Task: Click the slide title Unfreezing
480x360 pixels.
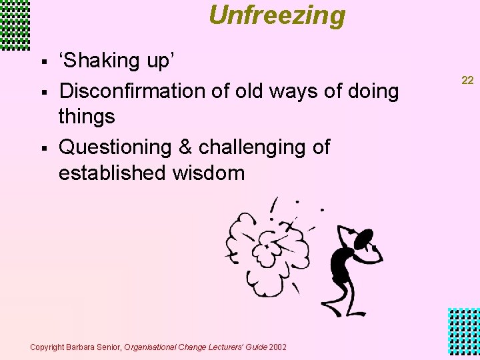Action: click(x=277, y=15)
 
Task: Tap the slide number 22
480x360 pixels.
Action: click(x=467, y=80)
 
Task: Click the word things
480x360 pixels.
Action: click(x=87, y=117)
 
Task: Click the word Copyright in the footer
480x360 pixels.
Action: click(x=47, y=347)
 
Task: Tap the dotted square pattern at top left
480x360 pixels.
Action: click(x=15, y=25)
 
